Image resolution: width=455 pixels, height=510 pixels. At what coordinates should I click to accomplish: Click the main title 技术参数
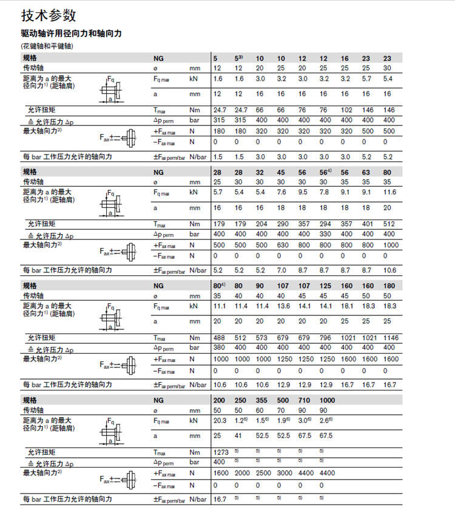(49, 15)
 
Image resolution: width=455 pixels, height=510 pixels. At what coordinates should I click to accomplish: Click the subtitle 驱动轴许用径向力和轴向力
(71, 34)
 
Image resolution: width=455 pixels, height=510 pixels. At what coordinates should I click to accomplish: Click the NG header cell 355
(261, 401)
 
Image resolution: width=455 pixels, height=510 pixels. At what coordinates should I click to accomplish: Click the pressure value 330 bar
(326, 234)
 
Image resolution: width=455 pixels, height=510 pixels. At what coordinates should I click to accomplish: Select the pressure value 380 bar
(218, 348)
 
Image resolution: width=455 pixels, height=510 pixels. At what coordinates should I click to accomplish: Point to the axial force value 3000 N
(283, 473)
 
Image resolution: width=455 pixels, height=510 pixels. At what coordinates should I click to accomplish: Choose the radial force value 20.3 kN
(220, 420)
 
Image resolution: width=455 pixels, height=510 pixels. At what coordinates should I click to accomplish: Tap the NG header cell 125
(326, 285)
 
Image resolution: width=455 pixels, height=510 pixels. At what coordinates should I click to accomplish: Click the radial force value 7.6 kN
(282, 192)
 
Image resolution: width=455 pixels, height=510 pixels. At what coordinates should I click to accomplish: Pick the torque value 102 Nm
(346, 109)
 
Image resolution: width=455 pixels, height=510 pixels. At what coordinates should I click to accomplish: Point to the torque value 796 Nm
(326, 337)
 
